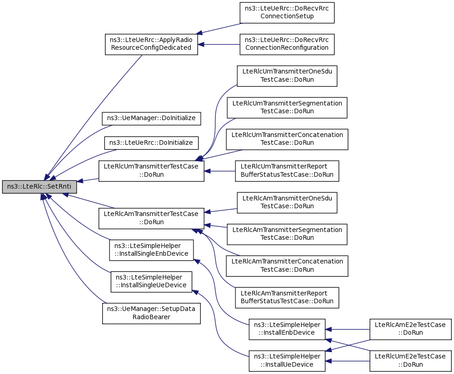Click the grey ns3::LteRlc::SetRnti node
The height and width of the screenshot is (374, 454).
tap(39, 187)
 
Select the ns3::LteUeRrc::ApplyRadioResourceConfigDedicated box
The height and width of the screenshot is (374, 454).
tap(151, 44)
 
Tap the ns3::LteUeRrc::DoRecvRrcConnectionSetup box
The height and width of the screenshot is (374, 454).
tap(287, 13)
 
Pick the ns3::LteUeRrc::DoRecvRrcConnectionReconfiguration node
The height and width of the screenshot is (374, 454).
tap(287, 44)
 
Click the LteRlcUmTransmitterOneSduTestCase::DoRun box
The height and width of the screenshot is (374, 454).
tap(287, 76)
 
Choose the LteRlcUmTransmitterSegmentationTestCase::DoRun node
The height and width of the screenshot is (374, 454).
tap(287, 108)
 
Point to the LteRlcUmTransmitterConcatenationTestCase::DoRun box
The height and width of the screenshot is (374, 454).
tap(287, 139)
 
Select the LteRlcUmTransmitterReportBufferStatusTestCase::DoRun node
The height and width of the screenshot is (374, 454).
tap(287, 171)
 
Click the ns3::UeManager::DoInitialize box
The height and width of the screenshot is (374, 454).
tap(151, 118)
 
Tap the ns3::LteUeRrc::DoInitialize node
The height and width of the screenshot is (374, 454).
tap(151, 143)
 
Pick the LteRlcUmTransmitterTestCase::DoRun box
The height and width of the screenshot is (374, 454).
tap(151, 171)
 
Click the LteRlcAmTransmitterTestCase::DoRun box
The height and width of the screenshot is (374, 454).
tap(151, 218)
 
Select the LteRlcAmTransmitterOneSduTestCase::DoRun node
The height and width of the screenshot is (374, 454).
tap(287, 203)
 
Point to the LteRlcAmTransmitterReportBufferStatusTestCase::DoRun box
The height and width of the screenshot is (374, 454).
tap(287, 298)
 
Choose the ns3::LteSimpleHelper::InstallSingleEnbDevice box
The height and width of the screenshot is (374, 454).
tap(151, 250)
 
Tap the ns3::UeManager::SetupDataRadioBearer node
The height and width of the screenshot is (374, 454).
tap(151, 313)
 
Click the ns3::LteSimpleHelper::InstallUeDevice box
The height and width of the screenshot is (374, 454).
tap(287, 361)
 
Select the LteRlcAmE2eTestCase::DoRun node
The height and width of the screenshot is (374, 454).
tap(410, 329)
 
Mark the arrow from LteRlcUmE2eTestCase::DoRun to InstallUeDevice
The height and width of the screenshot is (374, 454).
tap(347, 361)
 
